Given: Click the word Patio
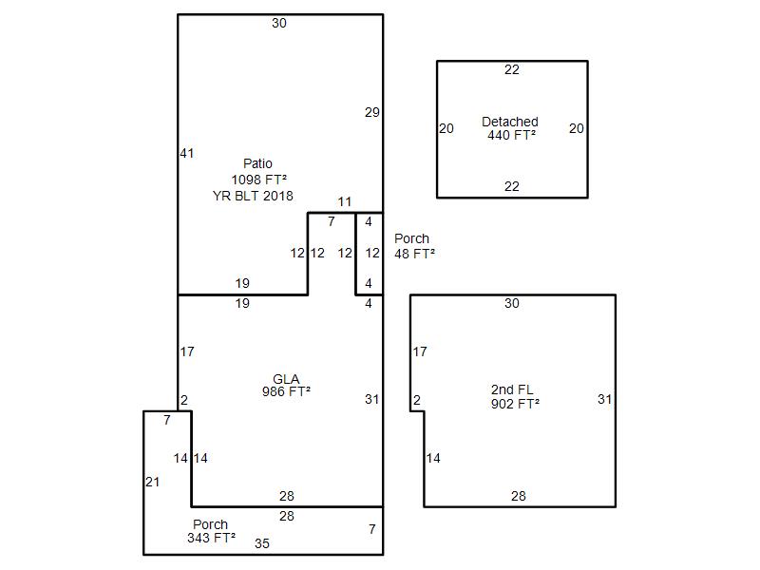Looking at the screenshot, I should coord(257,164).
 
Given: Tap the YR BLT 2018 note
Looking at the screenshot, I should coord(253,196).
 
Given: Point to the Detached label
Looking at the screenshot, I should coord(510,122).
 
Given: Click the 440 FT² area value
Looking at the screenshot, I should coord(512,135).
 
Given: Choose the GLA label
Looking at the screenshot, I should coord(286,379).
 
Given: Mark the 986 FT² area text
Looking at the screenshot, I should coord(286,391).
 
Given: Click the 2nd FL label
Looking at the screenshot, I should coord(512,390).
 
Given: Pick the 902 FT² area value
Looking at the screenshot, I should coord(515,404).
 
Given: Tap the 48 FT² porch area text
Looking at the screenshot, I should coord(415,254).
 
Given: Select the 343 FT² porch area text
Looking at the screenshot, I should coord(211,539).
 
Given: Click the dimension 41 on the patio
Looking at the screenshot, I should coord(187,153).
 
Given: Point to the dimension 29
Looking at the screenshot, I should coord(372,112).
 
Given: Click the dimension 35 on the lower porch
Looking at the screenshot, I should coord(262,544).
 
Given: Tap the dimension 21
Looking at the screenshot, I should coord(152,483).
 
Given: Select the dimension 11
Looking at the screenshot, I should coord(345,202).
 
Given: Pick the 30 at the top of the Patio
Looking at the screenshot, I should coord(278,23).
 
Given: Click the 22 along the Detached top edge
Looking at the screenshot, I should coord(512,69).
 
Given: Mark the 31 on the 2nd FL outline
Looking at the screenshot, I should coord(604,399).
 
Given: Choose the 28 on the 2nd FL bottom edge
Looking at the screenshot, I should coord(519,496).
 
